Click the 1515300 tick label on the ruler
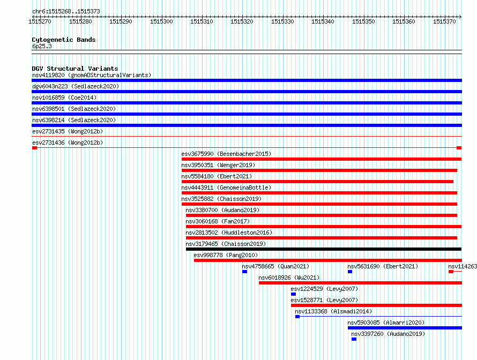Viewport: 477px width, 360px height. pos(161,21)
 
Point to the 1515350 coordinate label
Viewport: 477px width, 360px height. pos(363,21)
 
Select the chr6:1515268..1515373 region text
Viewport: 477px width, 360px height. pos(66,11)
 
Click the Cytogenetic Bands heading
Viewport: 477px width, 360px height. pos(64,40)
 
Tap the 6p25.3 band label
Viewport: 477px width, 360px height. pos(42,46)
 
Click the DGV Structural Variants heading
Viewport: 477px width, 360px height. pos(75,69)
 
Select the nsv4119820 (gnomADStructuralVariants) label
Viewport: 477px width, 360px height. pos(92,75)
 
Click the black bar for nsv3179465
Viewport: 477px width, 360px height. pos(324,249)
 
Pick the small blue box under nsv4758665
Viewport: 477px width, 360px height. pos(244,272)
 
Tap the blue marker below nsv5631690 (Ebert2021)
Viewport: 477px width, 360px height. pos(350,272)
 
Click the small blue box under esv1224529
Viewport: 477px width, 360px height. pos(293,294)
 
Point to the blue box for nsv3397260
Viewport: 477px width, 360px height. pos(354,339)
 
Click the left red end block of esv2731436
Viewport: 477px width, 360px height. pos(34,148)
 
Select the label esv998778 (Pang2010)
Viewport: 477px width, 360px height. pos(226,255)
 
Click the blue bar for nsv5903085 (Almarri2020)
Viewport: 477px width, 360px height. pos(405,328)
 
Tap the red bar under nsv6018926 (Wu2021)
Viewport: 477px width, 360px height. pos(361,283)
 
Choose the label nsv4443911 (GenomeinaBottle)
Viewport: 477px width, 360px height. pos(226,187)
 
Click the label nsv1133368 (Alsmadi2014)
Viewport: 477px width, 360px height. pos(333,311)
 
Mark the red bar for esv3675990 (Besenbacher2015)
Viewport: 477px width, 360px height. pos(322,159)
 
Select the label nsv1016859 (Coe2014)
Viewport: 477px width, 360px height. pos(64,97)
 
